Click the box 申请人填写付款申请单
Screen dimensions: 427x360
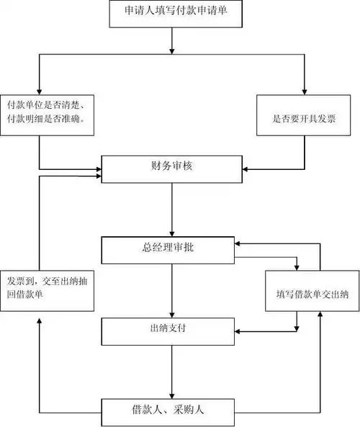pos(172,13)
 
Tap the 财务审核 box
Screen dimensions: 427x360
pos(171,168)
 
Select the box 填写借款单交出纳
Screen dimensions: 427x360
pos(312,291)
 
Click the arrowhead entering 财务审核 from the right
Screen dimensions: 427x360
pos(245,168)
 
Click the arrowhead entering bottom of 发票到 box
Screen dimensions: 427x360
pos(40,315)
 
